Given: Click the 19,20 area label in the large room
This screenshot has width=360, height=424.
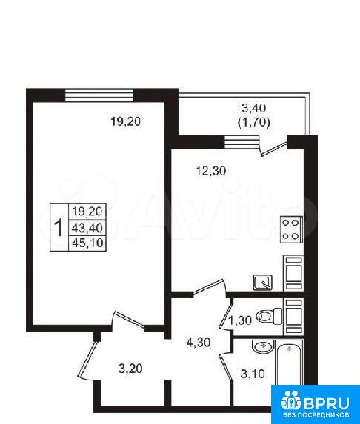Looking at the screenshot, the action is (126, 121).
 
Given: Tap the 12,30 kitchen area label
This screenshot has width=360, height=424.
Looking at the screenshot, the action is (210, 171).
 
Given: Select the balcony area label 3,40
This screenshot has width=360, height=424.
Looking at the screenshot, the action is (253, 108).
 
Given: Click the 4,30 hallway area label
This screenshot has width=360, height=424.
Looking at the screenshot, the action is (199, 343).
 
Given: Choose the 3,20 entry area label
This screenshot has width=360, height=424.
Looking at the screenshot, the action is (130, 369).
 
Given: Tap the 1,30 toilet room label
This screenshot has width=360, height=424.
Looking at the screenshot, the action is (240, 320).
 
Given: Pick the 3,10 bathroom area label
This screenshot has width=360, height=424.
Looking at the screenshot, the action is (253, 374).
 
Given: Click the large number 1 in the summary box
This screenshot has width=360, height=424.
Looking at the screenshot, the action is (59, 228).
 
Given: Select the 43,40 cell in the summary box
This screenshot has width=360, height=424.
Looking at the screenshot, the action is (87, 228).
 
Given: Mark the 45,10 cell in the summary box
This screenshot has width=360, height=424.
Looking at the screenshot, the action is (87, 243).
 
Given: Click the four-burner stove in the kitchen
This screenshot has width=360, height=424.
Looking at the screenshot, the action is (291, 229).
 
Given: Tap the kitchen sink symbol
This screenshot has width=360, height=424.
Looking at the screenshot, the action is (262, 283).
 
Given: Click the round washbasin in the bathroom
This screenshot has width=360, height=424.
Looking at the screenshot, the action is (262, 346).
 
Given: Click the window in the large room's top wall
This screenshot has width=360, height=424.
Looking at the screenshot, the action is (99, 95).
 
